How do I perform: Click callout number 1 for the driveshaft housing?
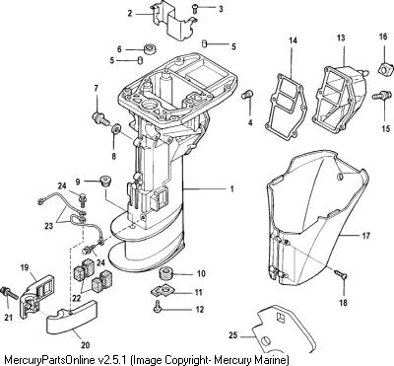231,189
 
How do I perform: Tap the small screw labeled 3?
195,8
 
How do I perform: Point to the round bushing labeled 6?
150,48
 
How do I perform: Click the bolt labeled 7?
101,118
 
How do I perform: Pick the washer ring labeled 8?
116,129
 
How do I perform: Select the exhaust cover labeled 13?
340,97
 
